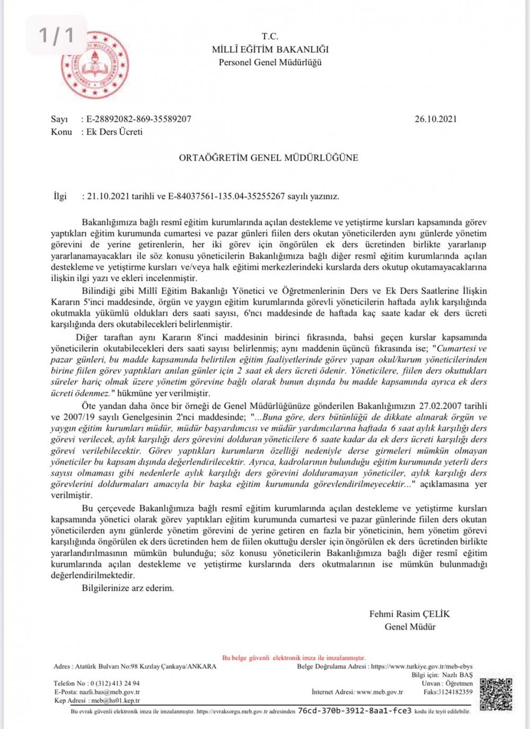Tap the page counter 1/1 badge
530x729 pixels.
[x=56, y=35]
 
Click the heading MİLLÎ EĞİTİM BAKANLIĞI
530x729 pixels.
[x=270, y=49]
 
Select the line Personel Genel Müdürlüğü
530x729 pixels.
[x=270, y=62]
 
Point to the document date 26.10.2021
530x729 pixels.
[x=436, y=119]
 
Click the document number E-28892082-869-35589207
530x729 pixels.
[x=138, y=119]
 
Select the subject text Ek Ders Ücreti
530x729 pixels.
[x=114, y=132]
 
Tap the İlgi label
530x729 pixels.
[x=60, y=196]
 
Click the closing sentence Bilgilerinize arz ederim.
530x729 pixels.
[x=128, y=588]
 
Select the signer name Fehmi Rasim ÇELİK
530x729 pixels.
[x=409, y=614]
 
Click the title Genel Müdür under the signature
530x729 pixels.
[x=410, y=627]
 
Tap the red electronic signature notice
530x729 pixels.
[x=294, y=658]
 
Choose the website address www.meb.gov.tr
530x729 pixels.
[x=379, y=692]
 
